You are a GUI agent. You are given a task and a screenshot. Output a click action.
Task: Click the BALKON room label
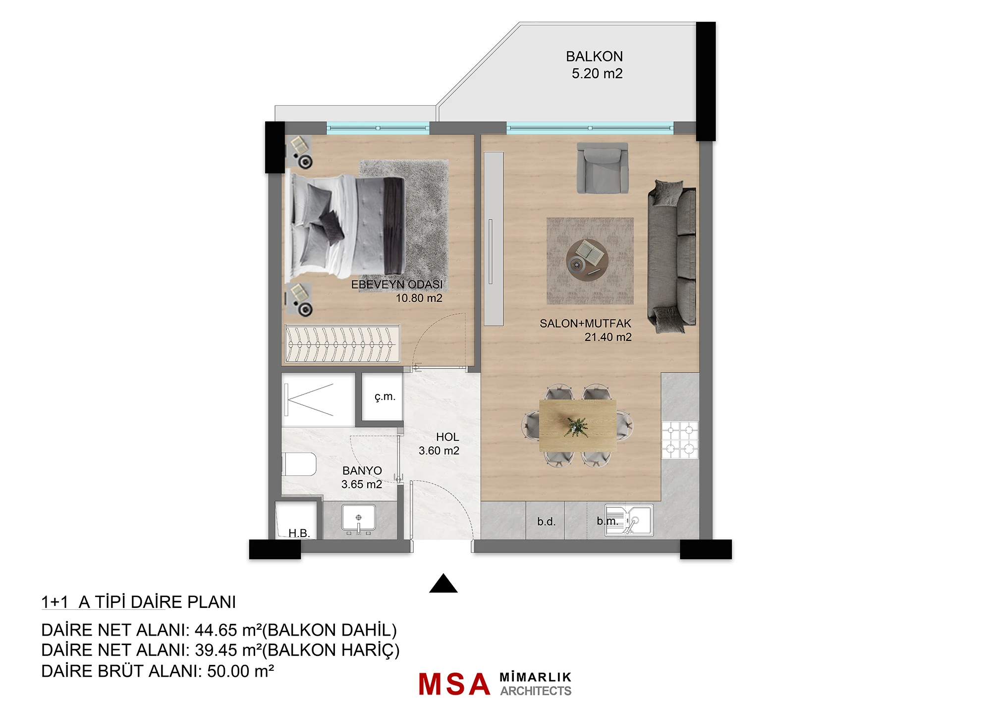coord(594,56)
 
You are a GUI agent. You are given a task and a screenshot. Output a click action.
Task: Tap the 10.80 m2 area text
coord(419,298)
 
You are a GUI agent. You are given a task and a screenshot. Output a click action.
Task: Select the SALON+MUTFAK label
coord(585,324)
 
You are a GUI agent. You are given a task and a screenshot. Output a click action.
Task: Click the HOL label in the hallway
coord(447,437)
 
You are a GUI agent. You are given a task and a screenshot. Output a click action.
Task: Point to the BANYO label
coord(362,471)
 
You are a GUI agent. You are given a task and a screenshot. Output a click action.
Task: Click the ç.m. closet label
coord(385,397)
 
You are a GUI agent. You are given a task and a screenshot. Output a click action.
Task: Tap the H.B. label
coord(299,533)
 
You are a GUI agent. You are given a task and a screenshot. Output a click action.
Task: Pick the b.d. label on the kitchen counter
coord(547,522)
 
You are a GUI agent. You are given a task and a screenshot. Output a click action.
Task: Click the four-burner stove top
coord(680,440)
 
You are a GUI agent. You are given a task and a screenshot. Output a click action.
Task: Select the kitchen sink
coord(629,520)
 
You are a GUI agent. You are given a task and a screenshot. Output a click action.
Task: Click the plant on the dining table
coord(576,427)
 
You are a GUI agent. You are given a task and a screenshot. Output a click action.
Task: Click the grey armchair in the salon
coord(603,168)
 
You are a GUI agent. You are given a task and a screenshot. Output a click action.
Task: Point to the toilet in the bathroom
coord(299,465)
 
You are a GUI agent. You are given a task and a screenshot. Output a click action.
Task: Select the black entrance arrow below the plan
coord(443,584)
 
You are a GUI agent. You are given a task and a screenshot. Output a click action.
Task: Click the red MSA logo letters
coord(454,684)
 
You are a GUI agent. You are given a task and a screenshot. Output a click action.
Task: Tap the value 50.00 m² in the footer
coord(240,671)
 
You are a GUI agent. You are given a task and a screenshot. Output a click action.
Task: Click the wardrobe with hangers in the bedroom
coord(342,344)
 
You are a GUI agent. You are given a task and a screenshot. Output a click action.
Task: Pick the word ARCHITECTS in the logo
coord(536,691)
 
